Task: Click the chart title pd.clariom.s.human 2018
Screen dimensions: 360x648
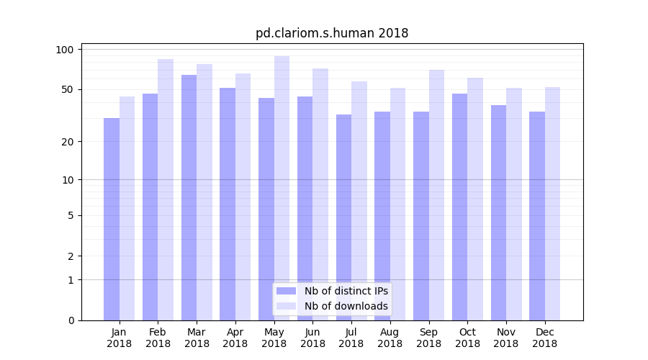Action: tap(332, 33)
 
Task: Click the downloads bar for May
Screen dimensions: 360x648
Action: tap(282, 188)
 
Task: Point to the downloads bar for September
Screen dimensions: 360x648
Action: tap(436, 195)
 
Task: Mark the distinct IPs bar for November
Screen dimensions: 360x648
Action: tap(498, 212)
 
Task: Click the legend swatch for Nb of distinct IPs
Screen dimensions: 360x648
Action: tap(287, 291)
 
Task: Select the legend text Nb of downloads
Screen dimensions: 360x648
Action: tap(346, 306)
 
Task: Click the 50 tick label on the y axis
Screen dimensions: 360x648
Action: tap(66, 89)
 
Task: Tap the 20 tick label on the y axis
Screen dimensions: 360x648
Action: tap(66, 142)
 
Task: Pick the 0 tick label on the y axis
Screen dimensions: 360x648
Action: tap(71, 320)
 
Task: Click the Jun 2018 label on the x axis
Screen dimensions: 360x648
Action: tap(312, 338)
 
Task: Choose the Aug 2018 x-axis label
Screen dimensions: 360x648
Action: tap(390, 338)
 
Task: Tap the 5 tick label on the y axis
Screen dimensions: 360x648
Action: tap(71, 215)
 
